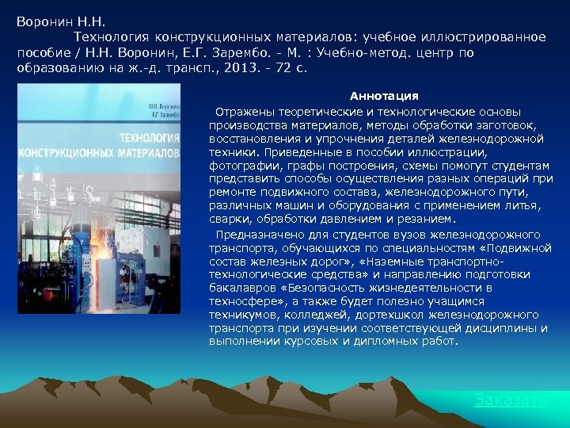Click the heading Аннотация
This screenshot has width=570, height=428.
point(384,96)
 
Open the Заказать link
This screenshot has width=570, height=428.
point(511,399)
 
